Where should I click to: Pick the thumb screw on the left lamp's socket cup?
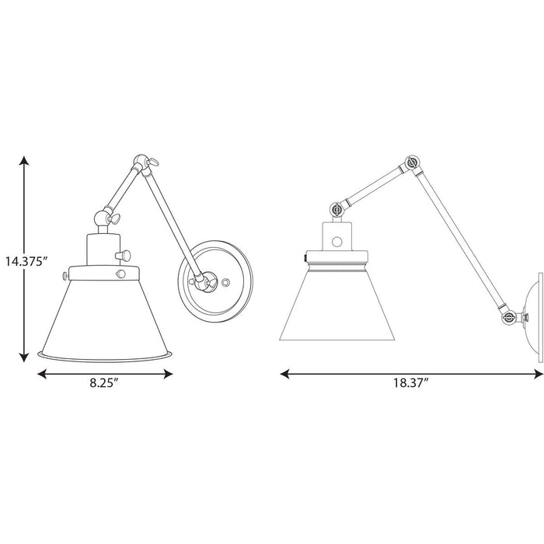point(122,254)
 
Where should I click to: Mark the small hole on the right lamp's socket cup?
point(337,242)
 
